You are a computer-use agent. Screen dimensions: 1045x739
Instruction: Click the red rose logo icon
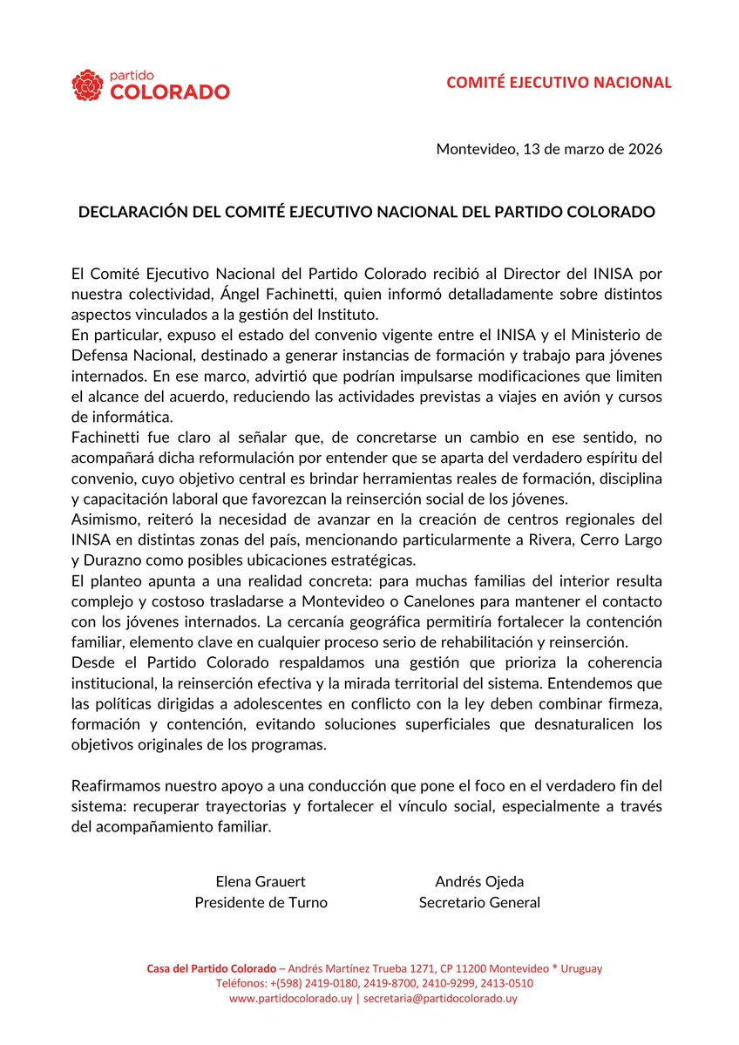click(88, 85)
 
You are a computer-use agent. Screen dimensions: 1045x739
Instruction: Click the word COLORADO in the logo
click(170, 92)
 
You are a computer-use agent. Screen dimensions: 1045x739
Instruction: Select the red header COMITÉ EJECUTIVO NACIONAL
click(559, 83)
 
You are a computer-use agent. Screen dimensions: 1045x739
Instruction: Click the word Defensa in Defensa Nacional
click(99, 356)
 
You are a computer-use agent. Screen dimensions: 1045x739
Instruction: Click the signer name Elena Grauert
click(261, 881)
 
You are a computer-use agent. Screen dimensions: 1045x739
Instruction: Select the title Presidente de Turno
click(261, 902)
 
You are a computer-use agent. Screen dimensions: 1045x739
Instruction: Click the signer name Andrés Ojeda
click(478, 881)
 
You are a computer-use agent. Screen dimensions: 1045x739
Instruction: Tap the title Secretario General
click(478, 902)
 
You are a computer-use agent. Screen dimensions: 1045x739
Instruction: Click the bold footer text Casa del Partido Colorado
click(208, 968)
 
